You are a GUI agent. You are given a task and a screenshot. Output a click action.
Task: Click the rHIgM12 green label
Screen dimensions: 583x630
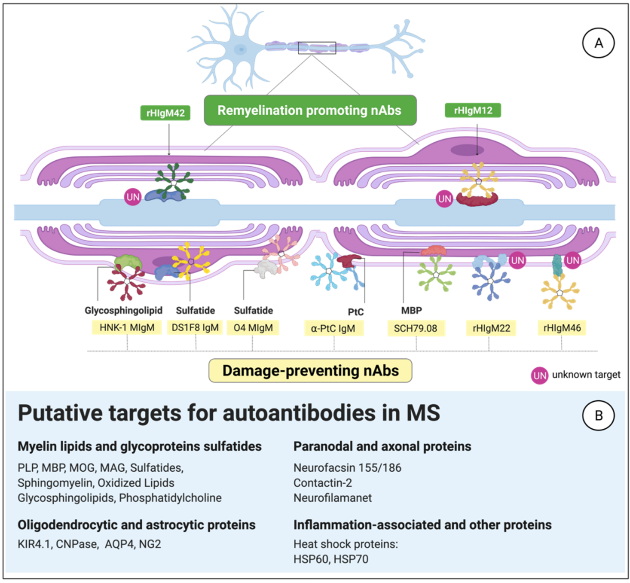(x=472, y=110)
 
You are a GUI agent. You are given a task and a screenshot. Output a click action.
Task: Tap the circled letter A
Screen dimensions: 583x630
(x=598, y=43)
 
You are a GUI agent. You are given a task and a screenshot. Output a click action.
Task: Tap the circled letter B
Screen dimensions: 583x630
(x=598, y=416)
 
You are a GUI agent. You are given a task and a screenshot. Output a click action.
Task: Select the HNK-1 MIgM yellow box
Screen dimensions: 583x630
(x=127, y=327)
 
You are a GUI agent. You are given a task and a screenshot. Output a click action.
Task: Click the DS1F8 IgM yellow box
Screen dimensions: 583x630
(x=195, y=327)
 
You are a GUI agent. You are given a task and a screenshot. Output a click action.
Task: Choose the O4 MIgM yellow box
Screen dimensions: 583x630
(x=253, y=328)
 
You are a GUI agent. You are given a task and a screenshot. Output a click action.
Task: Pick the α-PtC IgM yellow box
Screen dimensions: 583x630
(x=334, y=328)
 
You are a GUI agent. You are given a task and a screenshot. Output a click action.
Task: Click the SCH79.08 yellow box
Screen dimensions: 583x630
(x=416, y=328)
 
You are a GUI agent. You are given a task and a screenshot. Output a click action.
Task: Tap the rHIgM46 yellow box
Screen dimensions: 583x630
(x=562, y=328)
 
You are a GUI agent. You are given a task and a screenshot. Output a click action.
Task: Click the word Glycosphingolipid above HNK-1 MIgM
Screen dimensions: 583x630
(x=123, y=310)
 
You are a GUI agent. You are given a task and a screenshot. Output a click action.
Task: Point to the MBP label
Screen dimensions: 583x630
(x=411, y=310)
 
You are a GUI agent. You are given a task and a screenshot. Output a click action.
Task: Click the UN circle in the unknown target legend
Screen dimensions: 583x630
(x=539, y=375)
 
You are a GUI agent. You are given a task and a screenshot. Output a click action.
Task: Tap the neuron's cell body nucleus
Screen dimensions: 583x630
(x=241, y=49)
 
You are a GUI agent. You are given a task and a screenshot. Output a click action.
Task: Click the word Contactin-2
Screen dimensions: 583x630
(x=322, y=483)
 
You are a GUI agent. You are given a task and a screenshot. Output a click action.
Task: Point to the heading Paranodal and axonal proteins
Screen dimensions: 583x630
(x=382, y=446)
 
